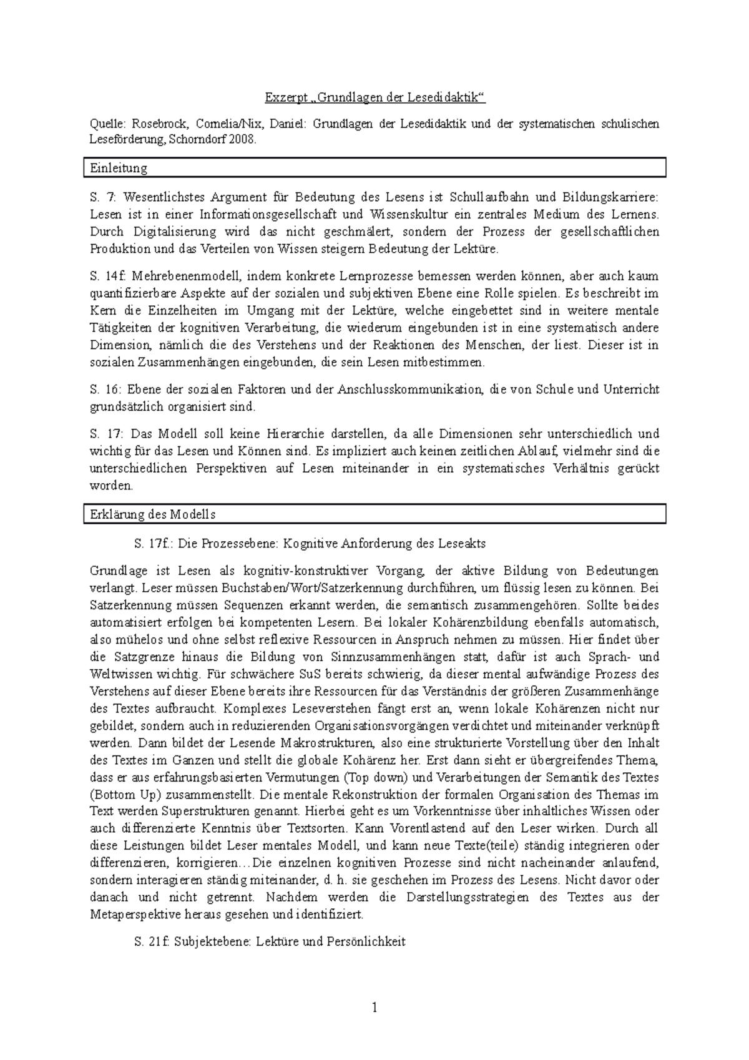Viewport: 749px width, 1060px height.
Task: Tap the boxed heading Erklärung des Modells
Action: pyautogui.click(x=153, y=515)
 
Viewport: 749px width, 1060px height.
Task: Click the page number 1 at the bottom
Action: pyautogui.click(x=374, y=1007)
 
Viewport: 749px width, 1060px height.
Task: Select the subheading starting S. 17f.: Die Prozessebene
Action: pyautogui.click(x=310, y=544)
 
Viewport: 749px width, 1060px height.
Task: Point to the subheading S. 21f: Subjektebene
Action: pyautogui.click(x=270, y=942)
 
